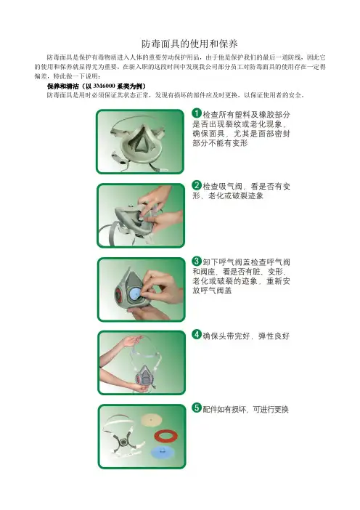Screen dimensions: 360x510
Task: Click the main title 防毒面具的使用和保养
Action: (x=189, y=44)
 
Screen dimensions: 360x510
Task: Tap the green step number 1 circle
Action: (x=197, y=113)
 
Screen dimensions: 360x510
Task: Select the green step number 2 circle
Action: (x=197, y=185)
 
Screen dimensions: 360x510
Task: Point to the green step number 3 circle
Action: (x=197, y=261)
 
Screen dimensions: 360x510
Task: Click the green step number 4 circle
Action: (x=197, y=334)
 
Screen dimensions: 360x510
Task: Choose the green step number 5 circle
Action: (x=197, y=408)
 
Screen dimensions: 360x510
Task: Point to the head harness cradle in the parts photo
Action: (x=123, y=437)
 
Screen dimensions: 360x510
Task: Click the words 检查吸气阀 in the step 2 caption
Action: (x=223, y=187)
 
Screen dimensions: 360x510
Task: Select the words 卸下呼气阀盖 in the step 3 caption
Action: (x=226, y=262)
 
